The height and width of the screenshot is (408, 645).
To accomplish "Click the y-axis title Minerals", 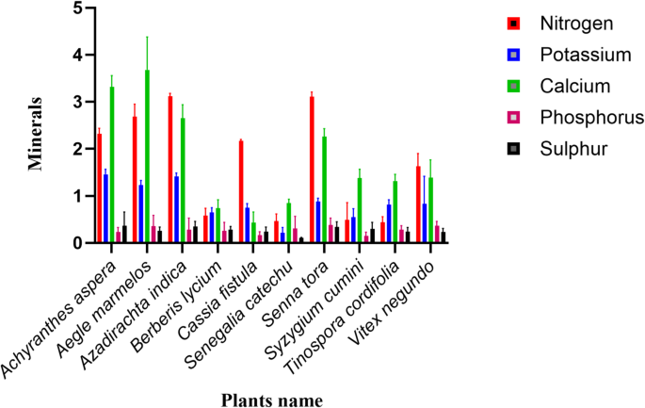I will pyautogui.click(x=35, y=129).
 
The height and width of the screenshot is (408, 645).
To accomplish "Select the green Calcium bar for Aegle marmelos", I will pyautogui.click(x=147, y=156).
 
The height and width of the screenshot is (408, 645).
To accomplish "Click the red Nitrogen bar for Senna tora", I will pyautogui.click(x=312, y=170).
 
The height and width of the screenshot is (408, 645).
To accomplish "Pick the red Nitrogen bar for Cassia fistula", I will pyautogui.click(x=241, y=191).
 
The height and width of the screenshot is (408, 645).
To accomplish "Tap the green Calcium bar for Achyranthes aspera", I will pyautogui.click(x=112, y=165).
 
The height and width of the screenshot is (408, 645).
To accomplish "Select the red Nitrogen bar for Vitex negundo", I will pyautogui.click(x=418, y=204).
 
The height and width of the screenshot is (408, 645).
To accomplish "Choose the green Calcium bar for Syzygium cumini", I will pyautogui.click(x=359, y=210).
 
